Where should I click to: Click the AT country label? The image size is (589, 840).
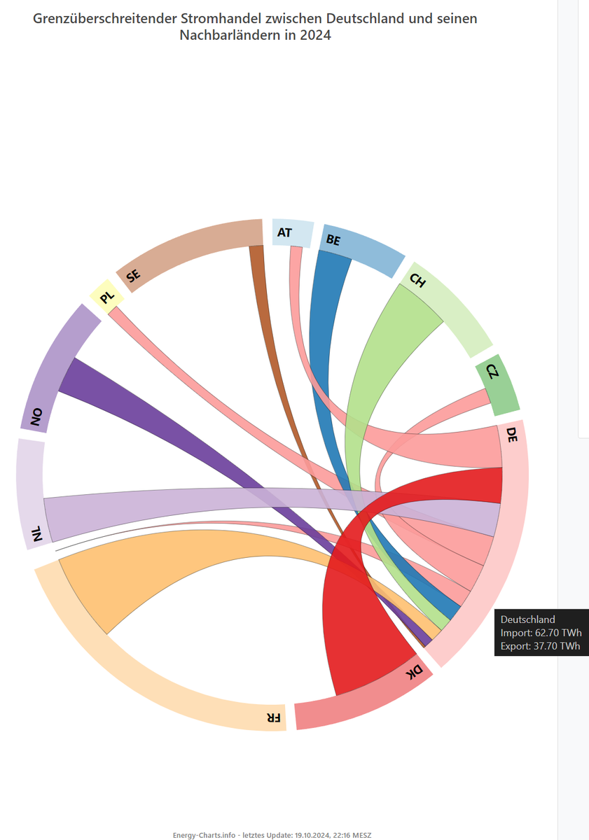(x=284, y=232)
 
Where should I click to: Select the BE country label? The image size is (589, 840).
(x=333, y=241)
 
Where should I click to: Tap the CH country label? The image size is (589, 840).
(x=417, y=281)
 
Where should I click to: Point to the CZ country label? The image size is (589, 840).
(x=492, y=372)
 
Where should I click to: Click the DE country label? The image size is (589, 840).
(x=511, y=434)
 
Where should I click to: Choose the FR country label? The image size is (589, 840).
(x=274, y=717)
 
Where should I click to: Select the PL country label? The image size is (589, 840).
(x=106, y=299)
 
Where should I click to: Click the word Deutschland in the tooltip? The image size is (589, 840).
(x=527, y=619)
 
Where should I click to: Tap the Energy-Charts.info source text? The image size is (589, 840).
(x=205, y=835)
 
